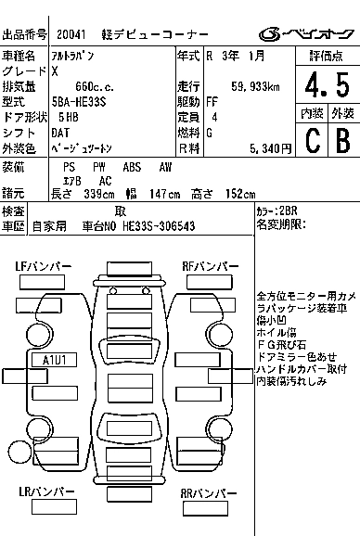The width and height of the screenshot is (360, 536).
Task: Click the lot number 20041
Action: (x=71, y=34)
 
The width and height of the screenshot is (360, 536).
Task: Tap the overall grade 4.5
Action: (x=328, y=84)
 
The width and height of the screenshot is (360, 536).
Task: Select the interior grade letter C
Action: (x=313, y=140)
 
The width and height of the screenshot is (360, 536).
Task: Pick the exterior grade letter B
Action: (x=343, y=140)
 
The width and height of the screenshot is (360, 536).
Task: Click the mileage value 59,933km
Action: (x=255, y=86)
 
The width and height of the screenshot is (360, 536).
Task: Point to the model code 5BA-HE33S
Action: (x=79, y=102)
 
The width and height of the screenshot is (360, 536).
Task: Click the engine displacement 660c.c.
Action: (x=95, y=86)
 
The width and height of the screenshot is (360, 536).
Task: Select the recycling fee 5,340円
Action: (x=270, y=148)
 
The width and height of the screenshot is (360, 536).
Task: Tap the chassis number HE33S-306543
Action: (x=159, y=226)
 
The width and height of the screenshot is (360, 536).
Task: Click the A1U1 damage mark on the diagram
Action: (x=55, y=360)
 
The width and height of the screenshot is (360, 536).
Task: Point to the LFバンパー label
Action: (x=44, y=267)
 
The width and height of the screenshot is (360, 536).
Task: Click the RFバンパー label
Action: (x=211, y=267)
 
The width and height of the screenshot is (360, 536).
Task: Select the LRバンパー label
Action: (x=46, y=491)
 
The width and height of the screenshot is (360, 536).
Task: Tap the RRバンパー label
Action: (x=209, y=493)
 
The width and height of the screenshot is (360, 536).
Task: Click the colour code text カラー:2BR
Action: (x=276, y=211)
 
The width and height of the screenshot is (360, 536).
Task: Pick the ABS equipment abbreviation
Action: (x=132, y=167)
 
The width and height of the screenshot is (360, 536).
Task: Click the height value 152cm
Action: (x=240, y=194)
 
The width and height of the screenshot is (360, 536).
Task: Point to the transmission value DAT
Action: (x=60, y=133)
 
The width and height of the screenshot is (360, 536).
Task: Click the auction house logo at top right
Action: (x=307, y=34)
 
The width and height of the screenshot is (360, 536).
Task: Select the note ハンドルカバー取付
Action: (x=302, y=369)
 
